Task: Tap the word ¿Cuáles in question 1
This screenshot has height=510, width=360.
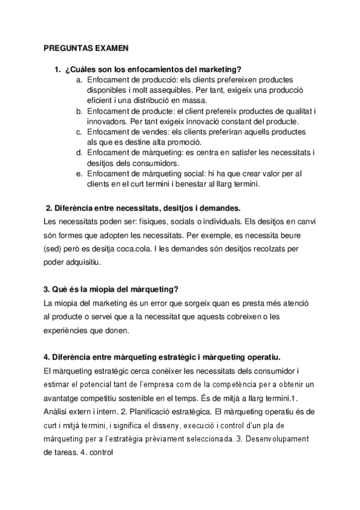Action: click(79, 69)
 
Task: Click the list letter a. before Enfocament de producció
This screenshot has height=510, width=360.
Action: click(79, 79)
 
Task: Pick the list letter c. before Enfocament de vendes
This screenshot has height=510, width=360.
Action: click(79, 132)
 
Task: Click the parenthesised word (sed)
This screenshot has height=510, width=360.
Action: click(54, 248)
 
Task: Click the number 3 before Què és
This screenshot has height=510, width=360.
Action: click(47, 289)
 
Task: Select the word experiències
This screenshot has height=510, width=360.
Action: click(72, 330)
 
